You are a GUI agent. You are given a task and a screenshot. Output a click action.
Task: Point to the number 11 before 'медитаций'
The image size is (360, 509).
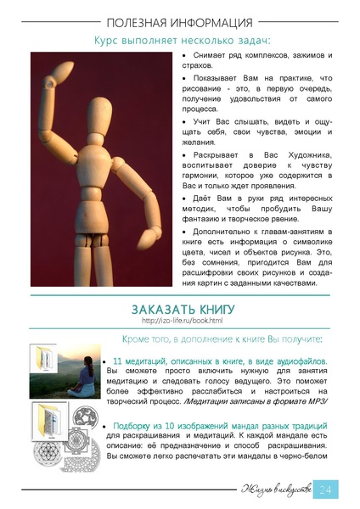(x=118, y=361)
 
